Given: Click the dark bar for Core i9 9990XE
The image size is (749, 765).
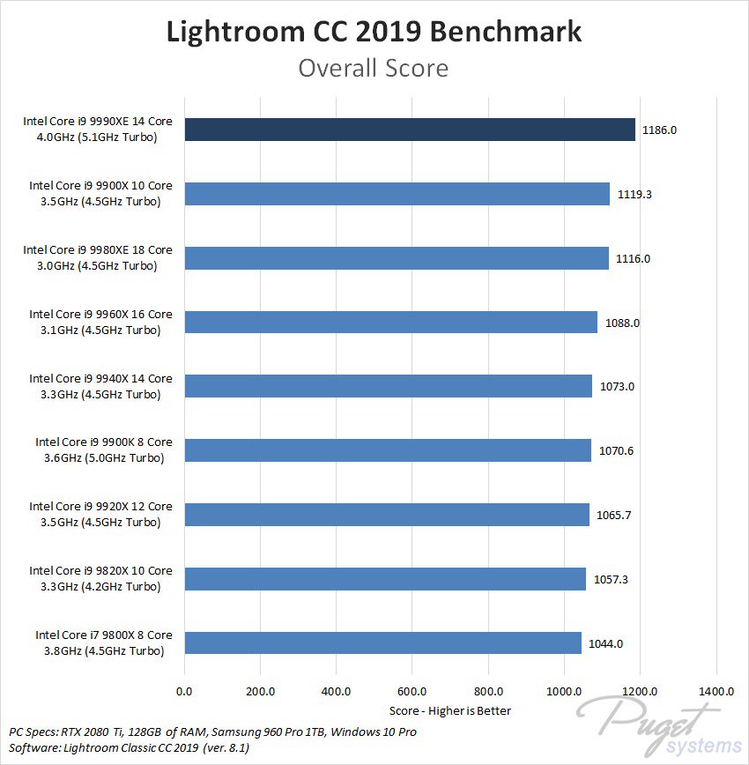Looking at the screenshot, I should [x=410, y=130].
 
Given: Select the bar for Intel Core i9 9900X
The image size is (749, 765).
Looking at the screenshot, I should [x=397, y=194].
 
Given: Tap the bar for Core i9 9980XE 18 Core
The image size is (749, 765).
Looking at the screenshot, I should [x=397, y=258].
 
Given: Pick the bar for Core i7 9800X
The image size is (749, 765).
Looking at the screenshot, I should [x=382, y=643].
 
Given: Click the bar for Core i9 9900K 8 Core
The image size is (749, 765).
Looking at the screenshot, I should [x=388, y=450].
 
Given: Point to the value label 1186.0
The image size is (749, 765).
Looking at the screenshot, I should [x=659, y=130].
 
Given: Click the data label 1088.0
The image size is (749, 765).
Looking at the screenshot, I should [x=622, y=323].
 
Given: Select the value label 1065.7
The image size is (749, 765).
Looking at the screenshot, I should [x=613, y=515].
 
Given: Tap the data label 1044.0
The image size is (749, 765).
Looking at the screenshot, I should [x=605, y=643].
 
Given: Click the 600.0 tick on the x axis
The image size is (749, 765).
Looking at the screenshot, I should [x=412, y=691].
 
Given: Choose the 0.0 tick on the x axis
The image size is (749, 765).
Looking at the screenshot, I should [x=185, y=691].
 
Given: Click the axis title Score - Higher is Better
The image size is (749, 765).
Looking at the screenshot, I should [x=449, y=710].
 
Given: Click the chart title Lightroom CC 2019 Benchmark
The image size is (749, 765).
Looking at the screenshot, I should [x=374, y=33].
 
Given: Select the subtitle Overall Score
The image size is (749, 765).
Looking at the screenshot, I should [x=374, y=68].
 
